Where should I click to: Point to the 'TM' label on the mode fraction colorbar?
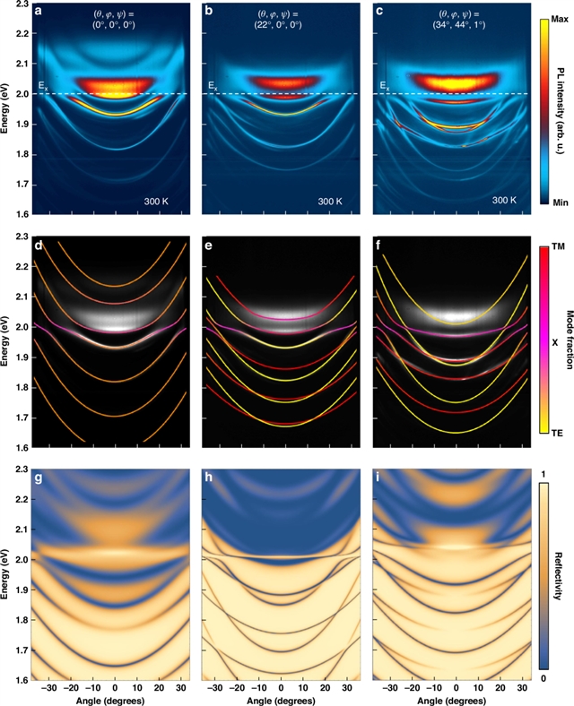tap(556, 245)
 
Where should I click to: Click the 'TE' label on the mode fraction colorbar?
tap(556, 429)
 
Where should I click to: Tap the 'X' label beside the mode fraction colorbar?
tap(556, 341)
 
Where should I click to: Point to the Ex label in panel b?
tap(212, 86)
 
